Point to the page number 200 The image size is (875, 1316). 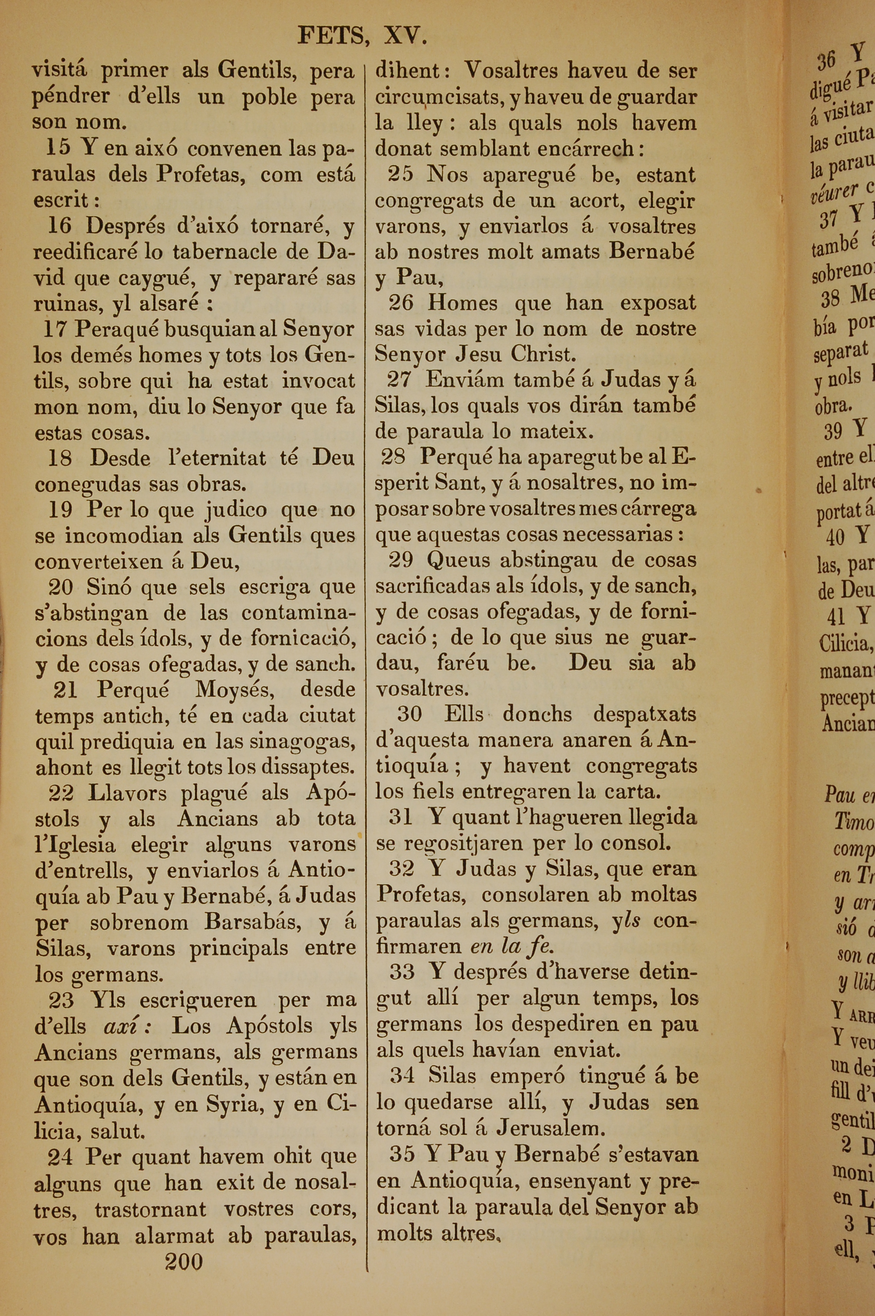click(184, 1261)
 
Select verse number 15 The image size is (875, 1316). click(59, 148)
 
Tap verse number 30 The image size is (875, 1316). click(409, 714)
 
